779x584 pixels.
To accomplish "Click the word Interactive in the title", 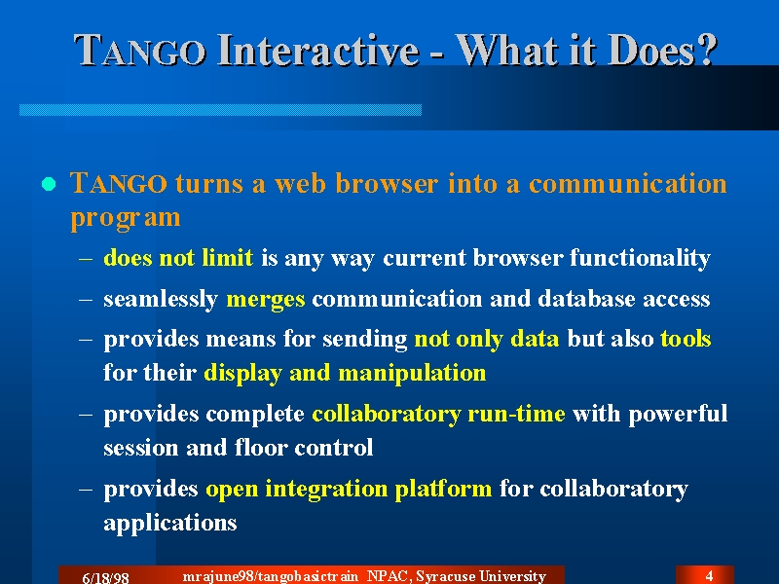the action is [318, 51].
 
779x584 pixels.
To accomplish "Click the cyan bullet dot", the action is [49, 184].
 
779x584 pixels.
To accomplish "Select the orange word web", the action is [300, 183].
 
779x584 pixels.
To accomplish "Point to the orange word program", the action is [126, 218].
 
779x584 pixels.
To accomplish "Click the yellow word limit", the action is [228, 257].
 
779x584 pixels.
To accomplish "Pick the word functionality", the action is [640, 258].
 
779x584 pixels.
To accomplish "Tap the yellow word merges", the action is [265, 300].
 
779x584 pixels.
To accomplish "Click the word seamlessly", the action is [161, 300].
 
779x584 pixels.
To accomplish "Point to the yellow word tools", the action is [686, 339].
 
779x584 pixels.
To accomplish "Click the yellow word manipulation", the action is [412, 374].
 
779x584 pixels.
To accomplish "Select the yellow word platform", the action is [443, 490].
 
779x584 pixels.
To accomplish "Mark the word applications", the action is [169, 524].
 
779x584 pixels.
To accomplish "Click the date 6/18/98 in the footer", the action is [105, 578].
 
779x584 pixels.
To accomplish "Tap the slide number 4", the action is [710, 575].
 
